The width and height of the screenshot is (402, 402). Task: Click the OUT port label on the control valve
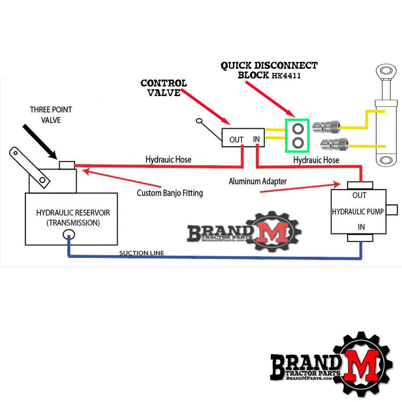pos(236,140)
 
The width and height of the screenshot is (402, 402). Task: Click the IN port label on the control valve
pos(256,139)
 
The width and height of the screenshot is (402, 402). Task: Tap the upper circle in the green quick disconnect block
pos(297,129)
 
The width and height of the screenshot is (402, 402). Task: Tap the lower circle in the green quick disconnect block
pos(297,143)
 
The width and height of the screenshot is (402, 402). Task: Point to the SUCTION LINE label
pos(142,253)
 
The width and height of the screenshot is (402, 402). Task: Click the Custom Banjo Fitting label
pos(170,193)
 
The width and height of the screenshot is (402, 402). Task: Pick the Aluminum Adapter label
pos(258,181)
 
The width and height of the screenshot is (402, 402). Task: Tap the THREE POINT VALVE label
pos(51,114)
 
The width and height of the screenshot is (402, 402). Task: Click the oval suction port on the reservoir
pos(69,234)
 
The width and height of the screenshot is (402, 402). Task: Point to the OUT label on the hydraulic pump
pos(359,195)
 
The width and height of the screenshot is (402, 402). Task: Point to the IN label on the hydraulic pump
pos(361,227)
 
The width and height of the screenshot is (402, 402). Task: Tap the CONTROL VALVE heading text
pos(164,88)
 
